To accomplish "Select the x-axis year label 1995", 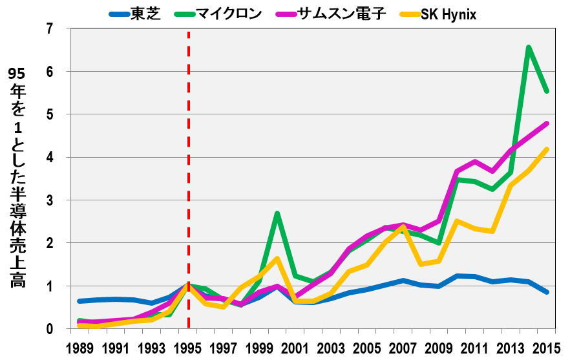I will [188, 347].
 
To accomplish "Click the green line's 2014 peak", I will [529, 47].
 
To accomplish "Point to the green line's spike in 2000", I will [277, 213].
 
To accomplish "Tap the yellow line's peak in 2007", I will [403, 227].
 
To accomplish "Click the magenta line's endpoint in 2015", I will [547, 123].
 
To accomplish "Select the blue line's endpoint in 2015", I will [547, 292].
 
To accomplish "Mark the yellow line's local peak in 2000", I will [277, 259].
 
